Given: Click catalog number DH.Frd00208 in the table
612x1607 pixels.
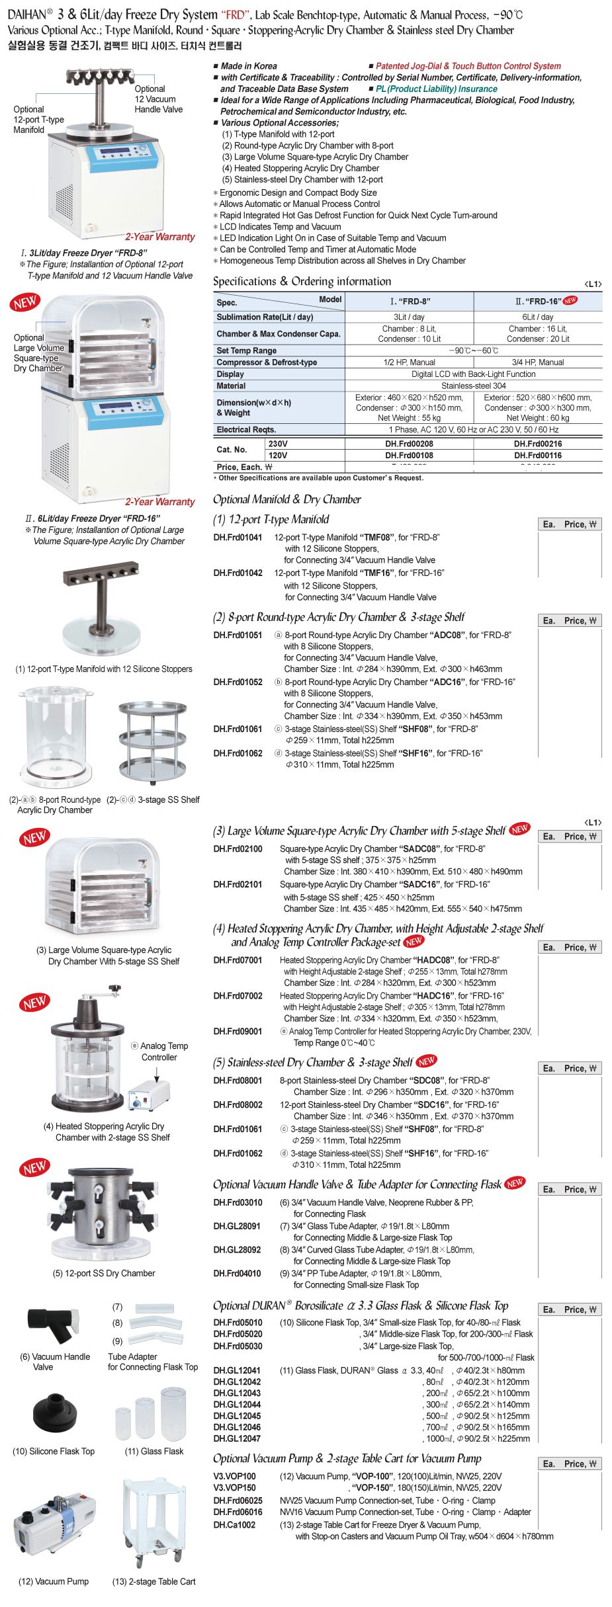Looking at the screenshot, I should pos(409,444).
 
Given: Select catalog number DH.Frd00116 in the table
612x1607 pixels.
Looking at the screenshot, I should pos(537,455).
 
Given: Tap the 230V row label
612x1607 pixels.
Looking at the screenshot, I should pos(278,444).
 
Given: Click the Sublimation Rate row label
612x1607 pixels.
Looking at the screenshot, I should pos(265,317).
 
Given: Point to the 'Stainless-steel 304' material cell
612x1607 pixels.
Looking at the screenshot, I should pos(474,386).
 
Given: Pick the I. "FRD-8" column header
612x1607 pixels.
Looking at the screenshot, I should pos(410,301).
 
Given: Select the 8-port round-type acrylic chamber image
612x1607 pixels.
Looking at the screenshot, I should pos(55,734).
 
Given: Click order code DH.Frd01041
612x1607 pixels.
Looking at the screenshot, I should pos(238,538).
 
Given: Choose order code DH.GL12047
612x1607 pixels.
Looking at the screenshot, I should pos(237,1438).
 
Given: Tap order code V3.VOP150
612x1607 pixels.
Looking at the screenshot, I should pos(234,1487).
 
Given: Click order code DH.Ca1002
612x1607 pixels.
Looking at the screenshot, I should pos(234,1524).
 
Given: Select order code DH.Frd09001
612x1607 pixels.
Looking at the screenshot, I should pos(238,1031).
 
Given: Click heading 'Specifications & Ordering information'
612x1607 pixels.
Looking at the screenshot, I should pos(302,282).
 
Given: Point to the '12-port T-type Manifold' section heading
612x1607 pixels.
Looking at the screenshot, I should pos(271,520).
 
